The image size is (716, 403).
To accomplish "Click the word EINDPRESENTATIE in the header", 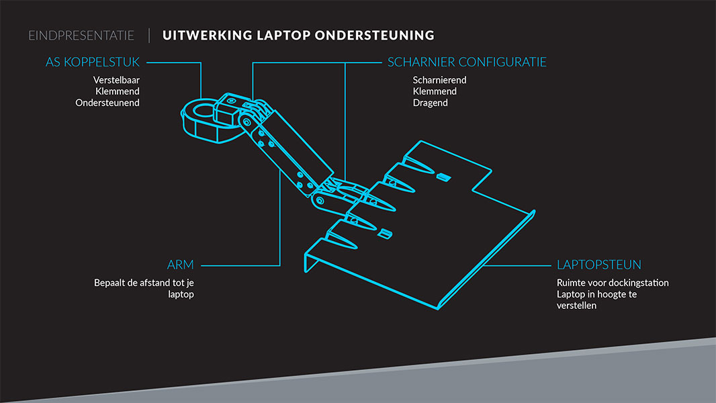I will coord(81,36).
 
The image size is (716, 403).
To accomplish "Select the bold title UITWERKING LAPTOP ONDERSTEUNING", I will coord(298,36).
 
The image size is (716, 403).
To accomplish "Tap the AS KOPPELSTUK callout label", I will coord(93,62).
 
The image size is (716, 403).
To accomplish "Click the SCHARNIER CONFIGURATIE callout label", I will coord(467,62).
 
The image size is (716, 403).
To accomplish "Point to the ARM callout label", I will coord(181,265).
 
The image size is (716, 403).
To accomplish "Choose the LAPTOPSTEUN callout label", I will coord(599,265).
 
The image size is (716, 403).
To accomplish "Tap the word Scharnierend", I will coord(440,80).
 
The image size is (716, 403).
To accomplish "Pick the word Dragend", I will coord(431,103).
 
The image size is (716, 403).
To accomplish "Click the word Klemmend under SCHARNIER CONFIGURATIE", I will coord(435,91).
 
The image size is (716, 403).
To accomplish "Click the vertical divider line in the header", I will coord(148,36).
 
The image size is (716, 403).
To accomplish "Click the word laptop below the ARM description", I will coord(181,294).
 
